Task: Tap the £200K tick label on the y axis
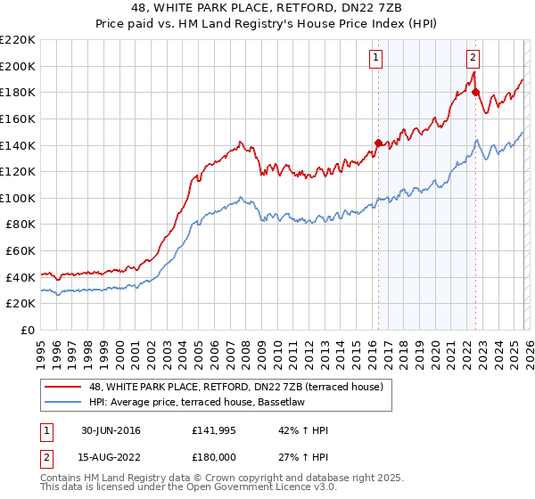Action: coord(18,66)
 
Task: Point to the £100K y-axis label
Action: coord(18,198)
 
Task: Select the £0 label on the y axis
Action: coord(27,330)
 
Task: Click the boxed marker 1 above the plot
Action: coord(375,58)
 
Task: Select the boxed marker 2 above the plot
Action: coord(473,58)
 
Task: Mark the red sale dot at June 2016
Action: coord(378,143)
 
